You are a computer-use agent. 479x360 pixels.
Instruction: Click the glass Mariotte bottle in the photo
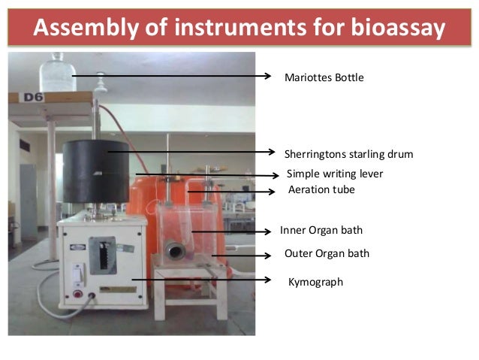click(x=56, y=74)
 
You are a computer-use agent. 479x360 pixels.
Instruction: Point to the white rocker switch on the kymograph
click(x=77, y=274)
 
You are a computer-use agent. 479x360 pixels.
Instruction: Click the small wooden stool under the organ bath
click(x=185, y=289)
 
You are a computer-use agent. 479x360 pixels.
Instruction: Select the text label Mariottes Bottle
click(x=324, y=77)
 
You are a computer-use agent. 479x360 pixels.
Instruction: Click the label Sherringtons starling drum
click(x=348, y=154)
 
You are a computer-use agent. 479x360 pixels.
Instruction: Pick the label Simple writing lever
click(x=336, y=174)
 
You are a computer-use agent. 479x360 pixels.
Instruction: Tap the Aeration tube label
click(x=321, y=190)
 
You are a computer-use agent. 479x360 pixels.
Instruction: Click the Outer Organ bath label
click(x=327, y=253)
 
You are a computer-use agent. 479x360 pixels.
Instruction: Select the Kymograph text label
click(x=315, y=282)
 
